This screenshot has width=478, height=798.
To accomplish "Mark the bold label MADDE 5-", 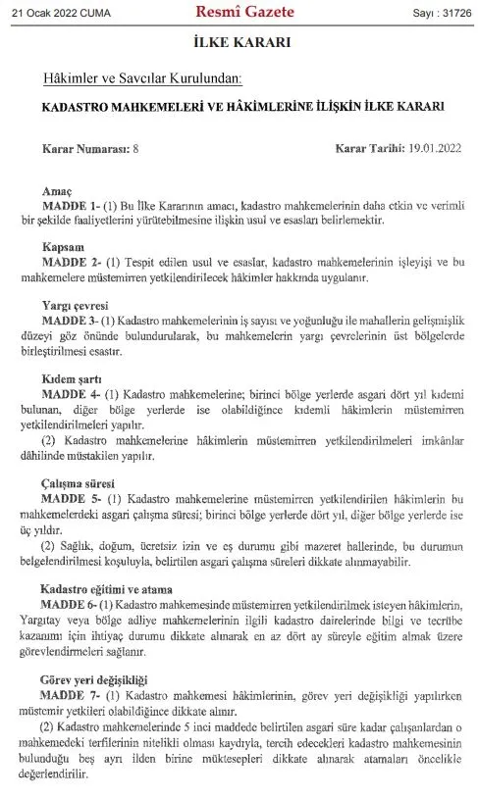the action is (87, 498).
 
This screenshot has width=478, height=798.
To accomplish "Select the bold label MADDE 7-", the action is (87, 694).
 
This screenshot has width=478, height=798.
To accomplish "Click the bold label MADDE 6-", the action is (87, 604).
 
